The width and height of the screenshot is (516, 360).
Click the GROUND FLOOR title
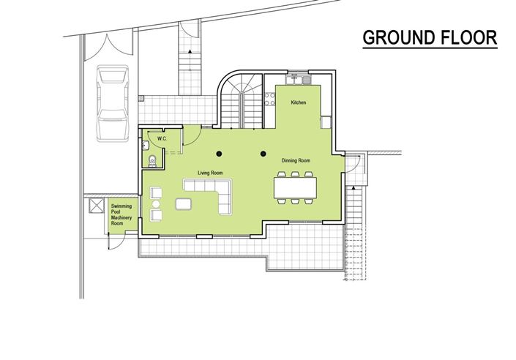point(430,38)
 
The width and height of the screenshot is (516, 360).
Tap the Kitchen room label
point(299,103)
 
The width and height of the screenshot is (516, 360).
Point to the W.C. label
point(162,138)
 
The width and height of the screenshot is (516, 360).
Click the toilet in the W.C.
point(150,162)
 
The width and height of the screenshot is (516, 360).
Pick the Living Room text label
point(210,173)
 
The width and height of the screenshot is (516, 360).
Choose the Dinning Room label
point(296,160)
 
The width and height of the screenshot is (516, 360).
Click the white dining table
point(296,187)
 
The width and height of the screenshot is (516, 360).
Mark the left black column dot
point(218,154)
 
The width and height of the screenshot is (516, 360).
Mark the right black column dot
point(263,154)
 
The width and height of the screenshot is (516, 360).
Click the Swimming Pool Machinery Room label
point(121,215)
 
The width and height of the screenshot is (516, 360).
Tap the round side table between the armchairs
point(155,203)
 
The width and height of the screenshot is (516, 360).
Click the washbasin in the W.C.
point(146,144)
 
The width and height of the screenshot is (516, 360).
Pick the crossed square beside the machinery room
point(94,207)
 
